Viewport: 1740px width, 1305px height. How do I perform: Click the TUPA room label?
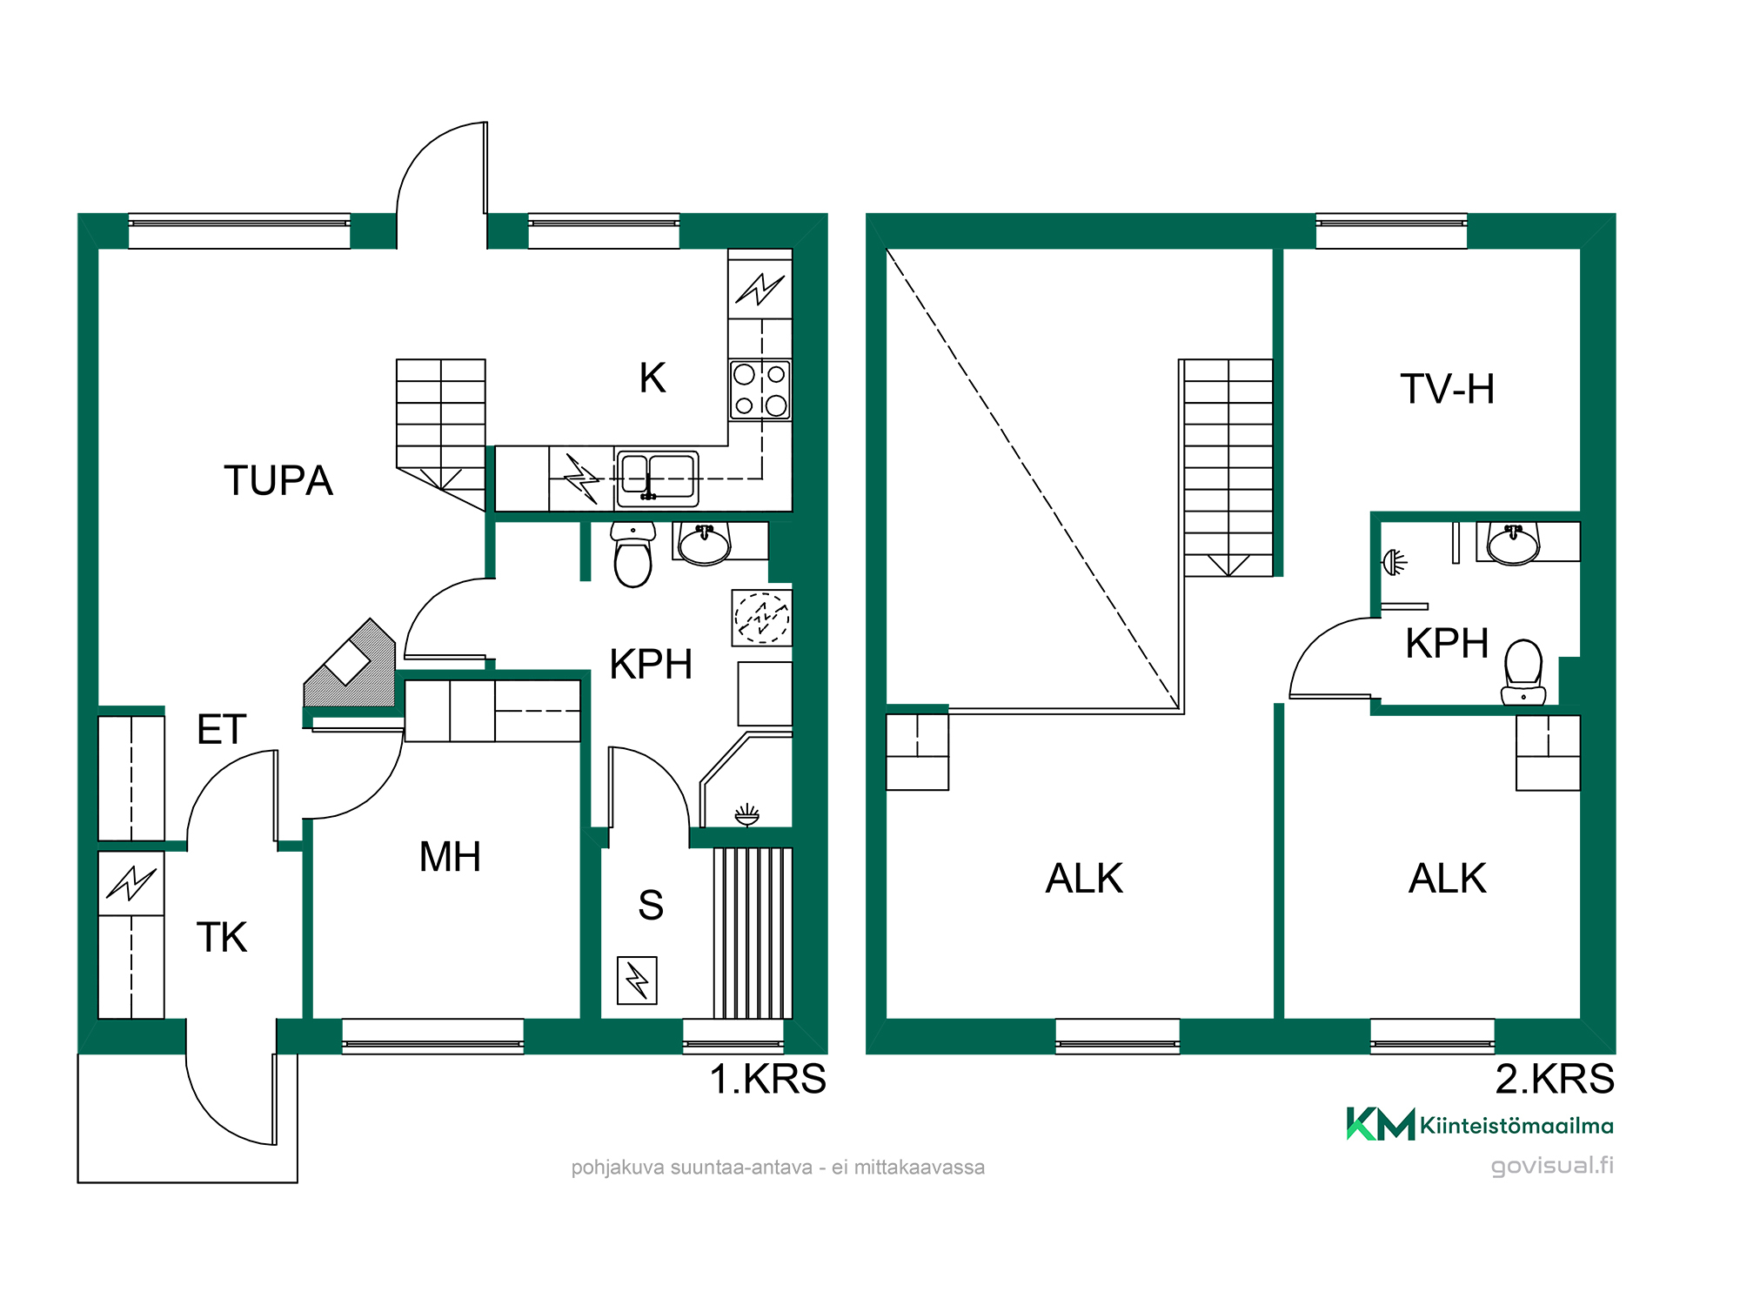point(278,480)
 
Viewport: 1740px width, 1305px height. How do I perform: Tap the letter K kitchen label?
point(652,378)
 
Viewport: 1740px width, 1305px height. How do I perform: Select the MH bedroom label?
point(450,857)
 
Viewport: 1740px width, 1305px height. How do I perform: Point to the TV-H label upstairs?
point(1448,389)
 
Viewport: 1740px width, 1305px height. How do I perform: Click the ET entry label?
point(222,729)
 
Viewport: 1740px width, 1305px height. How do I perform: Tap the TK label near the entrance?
point(222,937)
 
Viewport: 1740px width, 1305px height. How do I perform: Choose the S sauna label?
point(651,905)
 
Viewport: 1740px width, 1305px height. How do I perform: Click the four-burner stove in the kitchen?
point(760,390)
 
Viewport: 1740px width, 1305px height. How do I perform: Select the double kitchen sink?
point(657,478)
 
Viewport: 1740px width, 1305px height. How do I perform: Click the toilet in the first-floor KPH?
point(632,554)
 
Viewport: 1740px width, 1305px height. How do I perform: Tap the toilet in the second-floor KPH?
point(1523,672)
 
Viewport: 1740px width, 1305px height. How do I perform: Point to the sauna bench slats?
point(753,933)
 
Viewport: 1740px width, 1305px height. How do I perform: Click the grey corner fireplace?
point(350,663)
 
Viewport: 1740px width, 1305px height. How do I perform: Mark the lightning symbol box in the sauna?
point(637,980)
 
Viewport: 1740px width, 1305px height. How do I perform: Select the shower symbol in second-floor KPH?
point(1395,562)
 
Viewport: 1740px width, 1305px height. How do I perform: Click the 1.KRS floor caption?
point(768,1079)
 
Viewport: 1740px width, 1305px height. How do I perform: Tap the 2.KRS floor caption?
point(1555,1079)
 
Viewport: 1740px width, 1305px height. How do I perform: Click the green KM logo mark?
point(1381,1123)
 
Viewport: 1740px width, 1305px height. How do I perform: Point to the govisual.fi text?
point(1552,1166)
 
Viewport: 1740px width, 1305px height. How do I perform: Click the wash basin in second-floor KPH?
point(1514,544)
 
